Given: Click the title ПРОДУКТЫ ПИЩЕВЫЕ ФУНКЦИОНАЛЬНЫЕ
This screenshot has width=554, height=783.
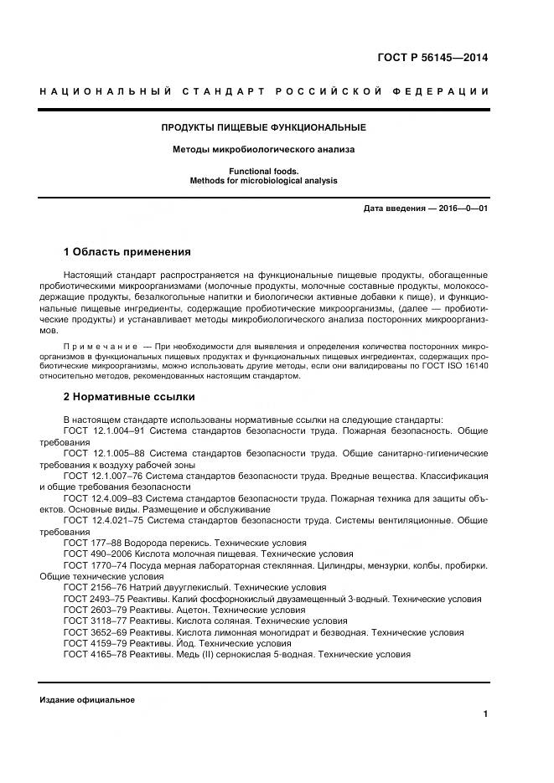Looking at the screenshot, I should (264, 127).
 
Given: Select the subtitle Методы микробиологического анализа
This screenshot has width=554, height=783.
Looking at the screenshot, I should (264, 150).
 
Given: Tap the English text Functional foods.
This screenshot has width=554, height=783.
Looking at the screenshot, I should (264, 170).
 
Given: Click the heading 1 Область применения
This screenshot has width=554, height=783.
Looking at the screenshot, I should (127, 251).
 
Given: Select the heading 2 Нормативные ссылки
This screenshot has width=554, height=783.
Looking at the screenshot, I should (129, 396).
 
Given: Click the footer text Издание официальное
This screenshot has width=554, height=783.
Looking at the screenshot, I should (87, 700).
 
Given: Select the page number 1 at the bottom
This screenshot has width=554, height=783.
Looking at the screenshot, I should (485, 713).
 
